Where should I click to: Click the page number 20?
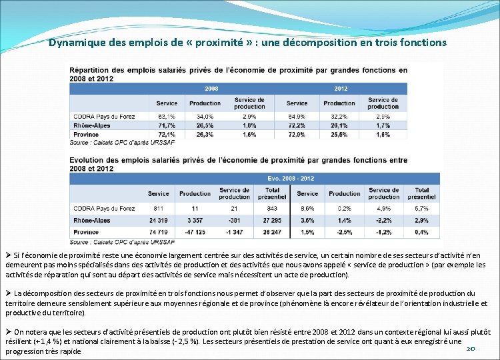pyautogui.click(x=471, y=348)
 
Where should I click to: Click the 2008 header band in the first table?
pyautogui.click(x=211, y=89)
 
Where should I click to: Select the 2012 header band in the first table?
pyautogui.click(x=341, y=89)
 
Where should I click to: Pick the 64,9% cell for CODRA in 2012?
pyautogui.click(x=297, y=116)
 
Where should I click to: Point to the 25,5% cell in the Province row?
pyautogui.click(x=339, y=135)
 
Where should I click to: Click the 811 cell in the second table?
pyautogui.click(x=158, y=209)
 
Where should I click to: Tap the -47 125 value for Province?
pyautogui.click(x=195, y=232)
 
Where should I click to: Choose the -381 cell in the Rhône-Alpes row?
pyautogui.click(x=234, y=220)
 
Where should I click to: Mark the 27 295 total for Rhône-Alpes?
pyautogui.click(x=272, y=220)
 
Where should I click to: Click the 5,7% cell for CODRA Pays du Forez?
pyautogui.click(x=421, y=209)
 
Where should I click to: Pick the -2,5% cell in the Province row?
pyautogui.click(x=344, y=232)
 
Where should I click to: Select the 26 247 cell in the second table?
pyautogui.click(x=272, y=232)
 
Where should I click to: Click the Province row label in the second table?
pyautogui.click(x=86, y=232)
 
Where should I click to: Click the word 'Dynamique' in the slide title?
pyautogui.click(x=76, y=43)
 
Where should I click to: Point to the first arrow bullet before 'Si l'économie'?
pyautogui.click(x=8, y=256)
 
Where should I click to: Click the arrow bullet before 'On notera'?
pyautogui.click(x=8, y=331)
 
